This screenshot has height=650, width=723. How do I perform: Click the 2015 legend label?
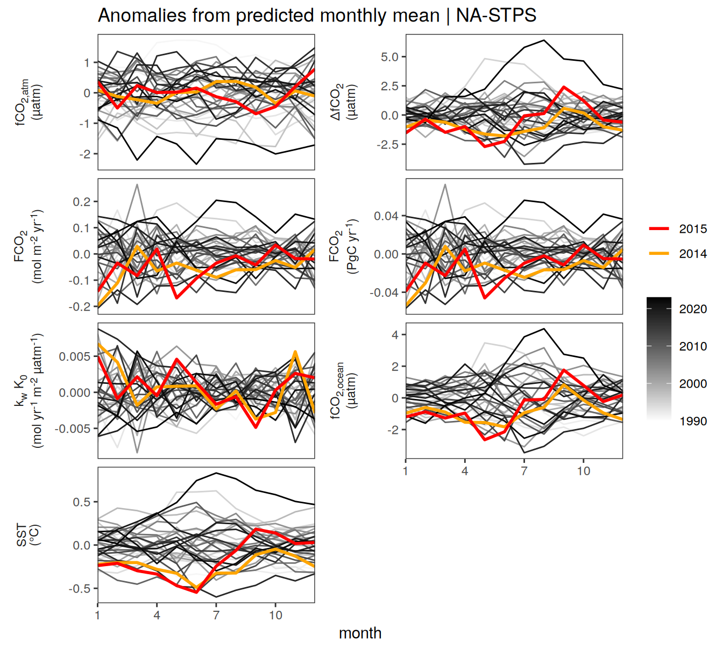[x=693, y=229]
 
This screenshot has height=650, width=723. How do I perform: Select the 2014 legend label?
[x=693, y=254]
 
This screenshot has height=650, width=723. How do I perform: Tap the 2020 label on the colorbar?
[x=693, y=309]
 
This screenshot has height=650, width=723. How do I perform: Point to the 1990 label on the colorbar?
[x=693, y=421]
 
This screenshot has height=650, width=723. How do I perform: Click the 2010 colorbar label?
[x=693, y=346]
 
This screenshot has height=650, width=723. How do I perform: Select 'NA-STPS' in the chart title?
[x=497, y=16]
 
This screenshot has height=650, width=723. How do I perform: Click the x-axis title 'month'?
[x=360, y=633]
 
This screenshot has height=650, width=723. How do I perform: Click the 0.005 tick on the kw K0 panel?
[x=75, y=356]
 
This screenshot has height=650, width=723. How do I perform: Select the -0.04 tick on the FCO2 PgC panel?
[x=384, y=292]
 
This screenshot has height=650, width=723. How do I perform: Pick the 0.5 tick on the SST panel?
[x=81, y=502]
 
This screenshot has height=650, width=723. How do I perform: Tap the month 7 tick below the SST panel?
[x=216, y=615]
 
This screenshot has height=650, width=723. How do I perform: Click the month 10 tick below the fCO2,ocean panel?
[x=584, y=470]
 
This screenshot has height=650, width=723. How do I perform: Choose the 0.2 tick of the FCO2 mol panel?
[x=81, y=202]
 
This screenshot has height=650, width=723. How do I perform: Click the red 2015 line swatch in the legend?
[x=659, y=229]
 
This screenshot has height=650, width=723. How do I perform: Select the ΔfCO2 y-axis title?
[x=345, y=102]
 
